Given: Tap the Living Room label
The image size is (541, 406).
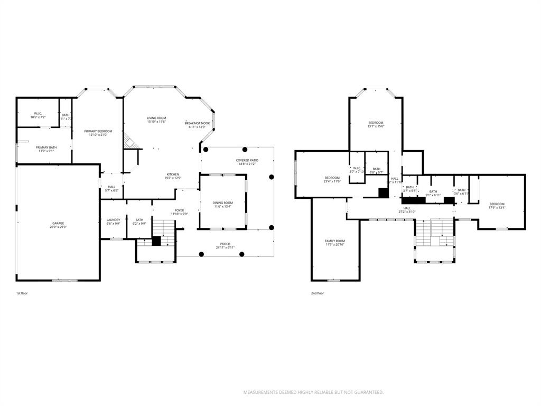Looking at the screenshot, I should point(156,118).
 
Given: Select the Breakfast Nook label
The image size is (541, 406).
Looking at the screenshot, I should point(197,123).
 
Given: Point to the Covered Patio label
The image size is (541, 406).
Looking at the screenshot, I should point(247,160).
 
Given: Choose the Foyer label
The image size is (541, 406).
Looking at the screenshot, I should point(179,210).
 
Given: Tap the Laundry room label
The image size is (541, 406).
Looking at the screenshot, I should point(113,220).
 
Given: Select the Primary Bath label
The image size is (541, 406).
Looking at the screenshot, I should point(46,147).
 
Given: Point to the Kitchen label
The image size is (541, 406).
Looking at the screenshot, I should point(173,174).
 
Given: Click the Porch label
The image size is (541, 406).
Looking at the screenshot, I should point(226,244).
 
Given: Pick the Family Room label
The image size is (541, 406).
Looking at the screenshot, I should point(335,241).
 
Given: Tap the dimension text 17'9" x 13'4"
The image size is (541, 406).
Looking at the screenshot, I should point(497,208).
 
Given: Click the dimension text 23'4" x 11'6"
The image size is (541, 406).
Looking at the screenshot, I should point(332,181).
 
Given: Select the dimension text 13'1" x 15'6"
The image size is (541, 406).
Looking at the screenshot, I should point(376,126).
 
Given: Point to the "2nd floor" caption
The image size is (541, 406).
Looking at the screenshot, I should point(318,293).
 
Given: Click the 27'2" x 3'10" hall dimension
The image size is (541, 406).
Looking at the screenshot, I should point(407,212).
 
